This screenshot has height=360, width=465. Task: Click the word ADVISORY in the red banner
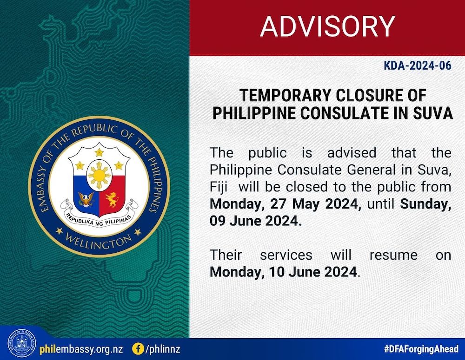[x=327, y=26]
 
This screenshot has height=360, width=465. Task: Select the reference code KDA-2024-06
[x=418, y=65]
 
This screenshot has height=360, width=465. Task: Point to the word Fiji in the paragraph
[x=219, y=187]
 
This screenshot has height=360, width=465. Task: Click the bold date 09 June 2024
[x=256, y=221]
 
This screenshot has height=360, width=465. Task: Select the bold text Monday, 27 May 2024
[x=286, y=204]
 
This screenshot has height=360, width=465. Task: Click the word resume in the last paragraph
[x=393, y=255]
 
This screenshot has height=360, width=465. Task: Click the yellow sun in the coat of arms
[x=100, y=175]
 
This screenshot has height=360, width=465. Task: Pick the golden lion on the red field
[x=112, y=200]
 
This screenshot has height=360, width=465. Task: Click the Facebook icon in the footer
[x=138, y=349]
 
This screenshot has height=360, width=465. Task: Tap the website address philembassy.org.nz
[x=81, y=349]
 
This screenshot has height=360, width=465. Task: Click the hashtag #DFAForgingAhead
[x=421, y=349]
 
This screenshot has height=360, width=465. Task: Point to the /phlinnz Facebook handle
[x=162, y=349]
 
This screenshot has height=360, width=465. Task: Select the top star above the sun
[x=99, y=152]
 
